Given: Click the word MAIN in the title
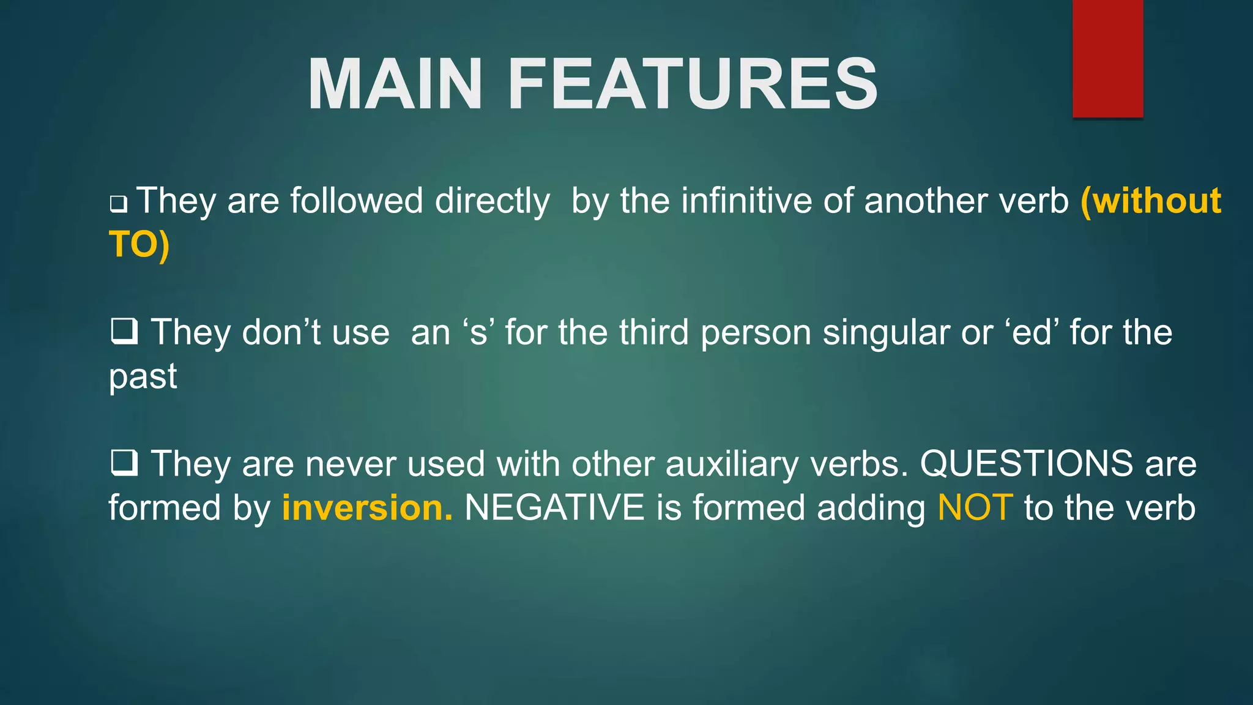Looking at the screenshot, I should [x=395, y=84].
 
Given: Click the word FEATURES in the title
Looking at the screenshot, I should [x=693, y=84].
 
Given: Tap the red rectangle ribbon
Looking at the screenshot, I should [x=1107, y=58].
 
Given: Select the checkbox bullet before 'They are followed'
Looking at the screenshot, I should [x=118, y=204].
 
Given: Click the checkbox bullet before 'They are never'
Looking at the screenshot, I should [x=124, y=463].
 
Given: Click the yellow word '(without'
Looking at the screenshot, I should [x=1151, y=201].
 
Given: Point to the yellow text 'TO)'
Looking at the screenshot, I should [x=139, y=244].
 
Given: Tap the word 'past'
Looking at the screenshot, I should [x=143, y=377].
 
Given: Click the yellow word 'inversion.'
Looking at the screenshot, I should [x=367, y=508].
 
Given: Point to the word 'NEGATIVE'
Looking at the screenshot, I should [x=554, y=508].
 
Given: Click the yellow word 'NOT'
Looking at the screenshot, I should [x=975, y=508].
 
